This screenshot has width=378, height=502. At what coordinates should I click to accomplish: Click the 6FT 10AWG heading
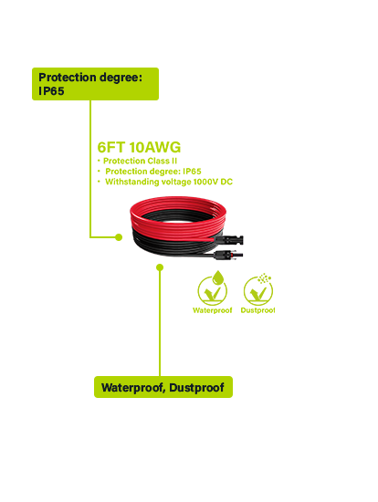pyautogui.click(x=139, y=147)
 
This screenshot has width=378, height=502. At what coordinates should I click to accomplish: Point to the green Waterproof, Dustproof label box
pyautogui.click(x=163, y=387)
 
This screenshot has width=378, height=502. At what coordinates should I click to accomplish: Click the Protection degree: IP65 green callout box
pyautogui.click(x=96, y=84)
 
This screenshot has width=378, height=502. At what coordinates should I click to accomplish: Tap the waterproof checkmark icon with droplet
pyautogui.click(x=213, y=288)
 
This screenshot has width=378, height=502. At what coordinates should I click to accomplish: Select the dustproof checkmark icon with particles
pyautogui.click(x=258, y=289)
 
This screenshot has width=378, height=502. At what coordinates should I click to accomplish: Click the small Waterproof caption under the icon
pyautogui.click(x=213, y=310)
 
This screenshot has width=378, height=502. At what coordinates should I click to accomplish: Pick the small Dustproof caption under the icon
pyautogui.click(x=257, y=310)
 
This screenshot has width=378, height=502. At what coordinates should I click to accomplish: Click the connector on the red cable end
pyautogui.click(x=229, y=239)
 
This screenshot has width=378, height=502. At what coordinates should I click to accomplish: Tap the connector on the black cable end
pyautogui.click(x=229, y=256)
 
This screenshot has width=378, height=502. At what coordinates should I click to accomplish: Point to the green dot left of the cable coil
pyautogui.click(x=119, y=237)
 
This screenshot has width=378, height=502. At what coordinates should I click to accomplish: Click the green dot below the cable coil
pyautogui.click(x=160, y=267)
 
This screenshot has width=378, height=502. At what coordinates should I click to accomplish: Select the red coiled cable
pyautogui.click(x=178, y=218)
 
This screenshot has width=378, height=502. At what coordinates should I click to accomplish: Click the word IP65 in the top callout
pyautogui.click(x=51, y=91)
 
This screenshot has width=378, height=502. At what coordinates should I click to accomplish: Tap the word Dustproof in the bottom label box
pyautogui.click(x=196, y=388)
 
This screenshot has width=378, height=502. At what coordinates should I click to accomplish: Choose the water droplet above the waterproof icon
pyautogui.click(x=218, y=277)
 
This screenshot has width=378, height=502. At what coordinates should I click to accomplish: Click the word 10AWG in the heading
pyautogui.click(x=155, y=147)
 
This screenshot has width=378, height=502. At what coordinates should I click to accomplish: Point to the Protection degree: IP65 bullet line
pyautogui.click(x=153, y=172)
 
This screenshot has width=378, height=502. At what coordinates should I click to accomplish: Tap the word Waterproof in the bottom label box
pyautogui.click(x=133, y=388)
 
